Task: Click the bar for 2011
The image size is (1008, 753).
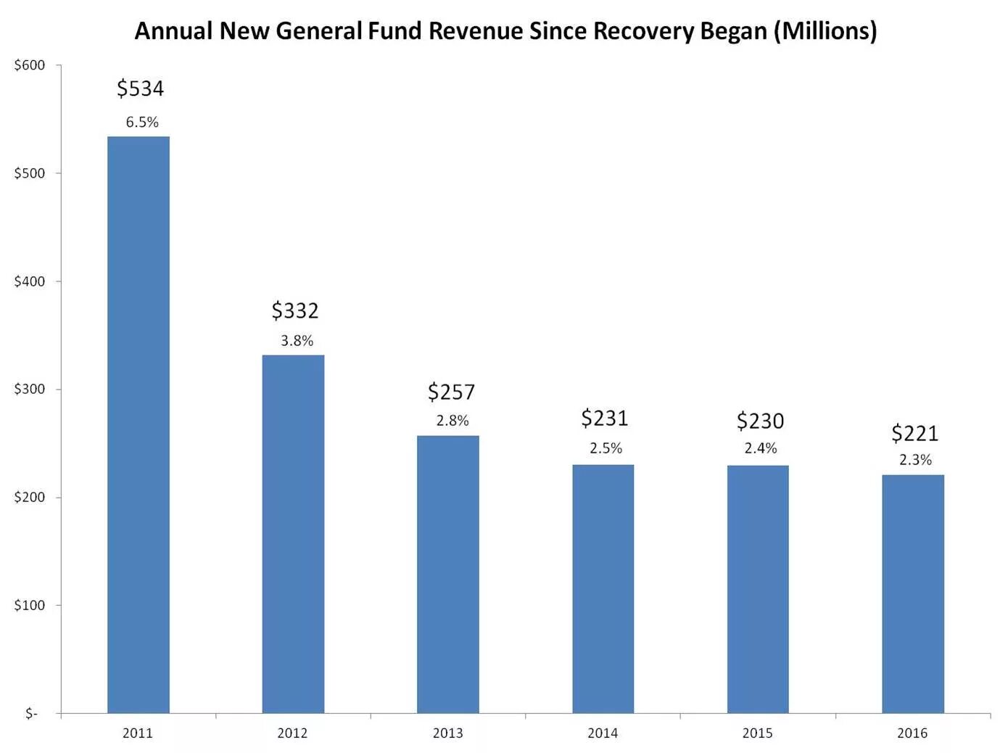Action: click(x=138, y=424)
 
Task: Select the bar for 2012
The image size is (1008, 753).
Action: click(x=293, y=534)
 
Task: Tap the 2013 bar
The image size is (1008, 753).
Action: click(x=447, y=574)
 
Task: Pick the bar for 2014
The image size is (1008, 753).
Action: click(x=603, y=588)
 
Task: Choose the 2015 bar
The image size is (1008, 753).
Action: click(x=758, y=589)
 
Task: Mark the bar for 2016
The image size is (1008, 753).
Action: click(x=913, y=593)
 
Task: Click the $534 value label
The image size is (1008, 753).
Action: click(x=141, y=89)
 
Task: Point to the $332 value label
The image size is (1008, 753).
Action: click(x=295, y=310)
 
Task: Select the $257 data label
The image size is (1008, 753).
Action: click(x=451, y=392)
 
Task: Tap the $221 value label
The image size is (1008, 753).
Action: click(x=914, y=433)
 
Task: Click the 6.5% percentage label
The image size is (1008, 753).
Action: click(x=142, y=122)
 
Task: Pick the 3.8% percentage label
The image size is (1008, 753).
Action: click(x=297, y=340)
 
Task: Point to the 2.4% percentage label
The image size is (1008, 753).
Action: click(x=761, y=448)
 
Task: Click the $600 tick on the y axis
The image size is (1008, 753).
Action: click(x=30, y=65)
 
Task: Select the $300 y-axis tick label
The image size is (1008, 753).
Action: click(x=30, y=389)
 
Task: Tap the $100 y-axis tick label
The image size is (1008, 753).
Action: click(x=30, y=605)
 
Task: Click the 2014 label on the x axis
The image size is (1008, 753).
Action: click(x=603, y=733)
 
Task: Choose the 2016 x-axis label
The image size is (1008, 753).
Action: click(x=912, y=733)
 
